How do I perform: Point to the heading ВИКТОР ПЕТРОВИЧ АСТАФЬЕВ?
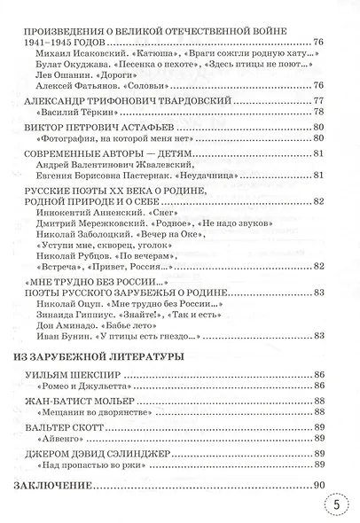click(105, 127)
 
